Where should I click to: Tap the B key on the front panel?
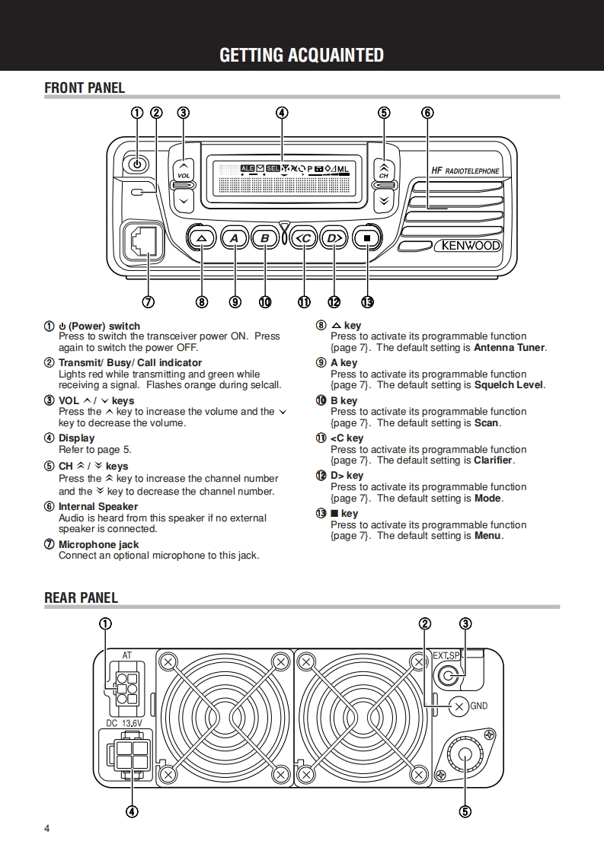point(265,238)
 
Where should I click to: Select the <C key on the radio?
point(303,238)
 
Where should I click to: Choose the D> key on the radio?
point(334,238)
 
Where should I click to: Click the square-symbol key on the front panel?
point(367,238)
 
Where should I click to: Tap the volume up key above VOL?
point(184,167)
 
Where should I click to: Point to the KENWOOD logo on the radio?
point(467,246)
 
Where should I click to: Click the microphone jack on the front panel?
point(142,242)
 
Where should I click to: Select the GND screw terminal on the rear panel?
point(459,706)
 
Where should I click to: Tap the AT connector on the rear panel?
point(126,687)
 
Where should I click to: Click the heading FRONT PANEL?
point(85,88)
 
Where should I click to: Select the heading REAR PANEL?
point(81,597)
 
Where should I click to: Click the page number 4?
point(47,828)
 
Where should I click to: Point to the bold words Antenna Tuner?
point(509,348)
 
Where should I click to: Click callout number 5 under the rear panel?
point(465,811)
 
